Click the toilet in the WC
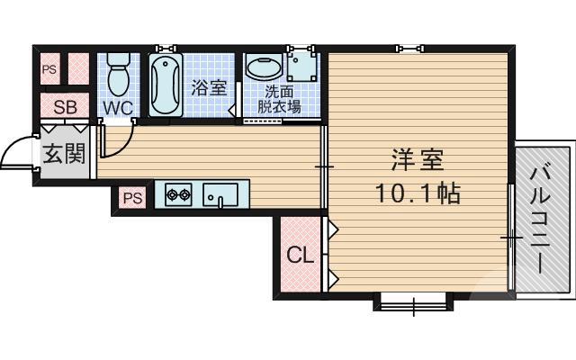coord(118,75)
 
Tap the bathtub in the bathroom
coord(166,85)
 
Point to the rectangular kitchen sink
coord(220,193)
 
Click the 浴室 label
coord(209,88)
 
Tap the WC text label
coord(117,108)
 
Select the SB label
coord(65,108)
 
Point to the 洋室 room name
coord(417,162)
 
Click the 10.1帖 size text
coord(417,192)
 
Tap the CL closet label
coord(301,256)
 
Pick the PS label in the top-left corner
coord(48,68)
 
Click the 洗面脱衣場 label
coord(279,99)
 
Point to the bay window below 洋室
coord(412,302)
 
